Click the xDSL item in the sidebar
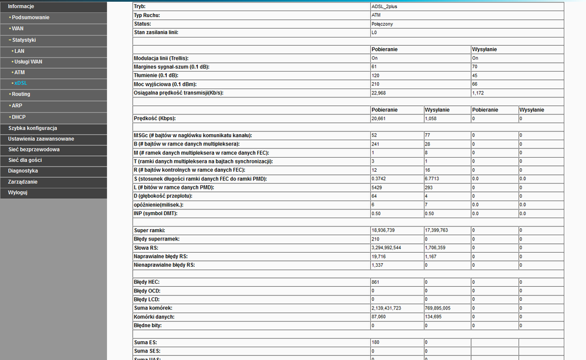21,83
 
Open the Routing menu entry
21,94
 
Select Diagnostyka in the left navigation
23,171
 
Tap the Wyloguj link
18,192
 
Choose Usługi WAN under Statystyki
28,62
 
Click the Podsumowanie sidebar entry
31,17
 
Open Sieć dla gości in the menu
26,160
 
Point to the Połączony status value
382,24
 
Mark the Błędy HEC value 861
376,283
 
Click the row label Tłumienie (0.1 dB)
157,76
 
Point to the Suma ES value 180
375,342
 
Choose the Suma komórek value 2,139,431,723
386,308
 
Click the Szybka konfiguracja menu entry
32,128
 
